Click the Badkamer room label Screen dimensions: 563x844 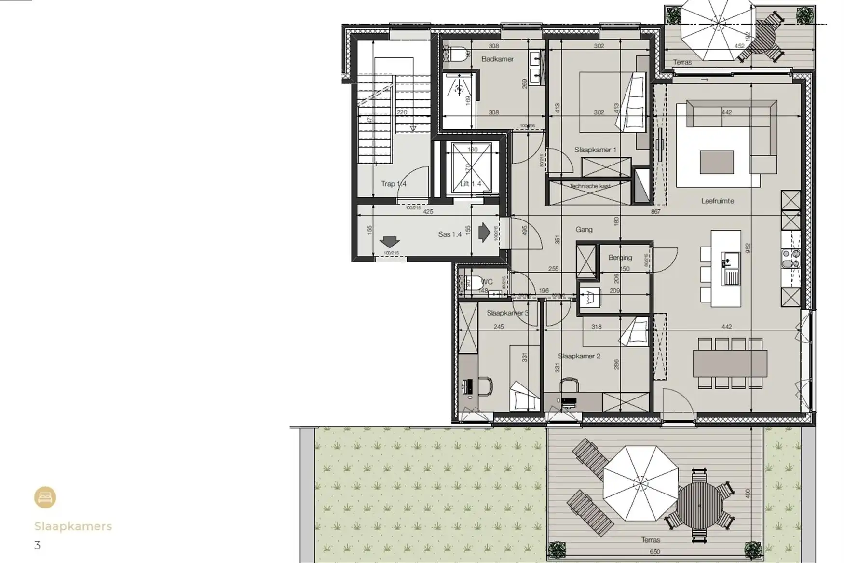point(497,59)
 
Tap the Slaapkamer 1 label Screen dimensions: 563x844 point(595,150)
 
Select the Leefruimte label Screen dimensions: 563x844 point(717,201)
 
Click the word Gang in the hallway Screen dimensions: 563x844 point(584,230)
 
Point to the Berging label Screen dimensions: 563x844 point(620,258)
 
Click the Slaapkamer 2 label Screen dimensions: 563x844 point(579,356)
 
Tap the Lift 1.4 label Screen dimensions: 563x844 point(470,184)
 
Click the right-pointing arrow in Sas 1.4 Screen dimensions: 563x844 point(484,232)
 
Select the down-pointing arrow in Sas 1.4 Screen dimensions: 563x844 point(390,241)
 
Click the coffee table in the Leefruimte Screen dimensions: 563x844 point(717,162)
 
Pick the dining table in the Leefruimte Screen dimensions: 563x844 point(730,363)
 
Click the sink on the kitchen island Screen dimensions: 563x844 point(731,277)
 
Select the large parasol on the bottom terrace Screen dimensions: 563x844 point(640,483)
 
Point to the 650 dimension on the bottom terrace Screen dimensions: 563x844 point(654,552)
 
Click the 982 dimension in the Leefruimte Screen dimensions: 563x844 point(748,247)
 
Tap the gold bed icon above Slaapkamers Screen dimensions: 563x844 point(45,497)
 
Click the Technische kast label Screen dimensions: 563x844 point(590,186)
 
